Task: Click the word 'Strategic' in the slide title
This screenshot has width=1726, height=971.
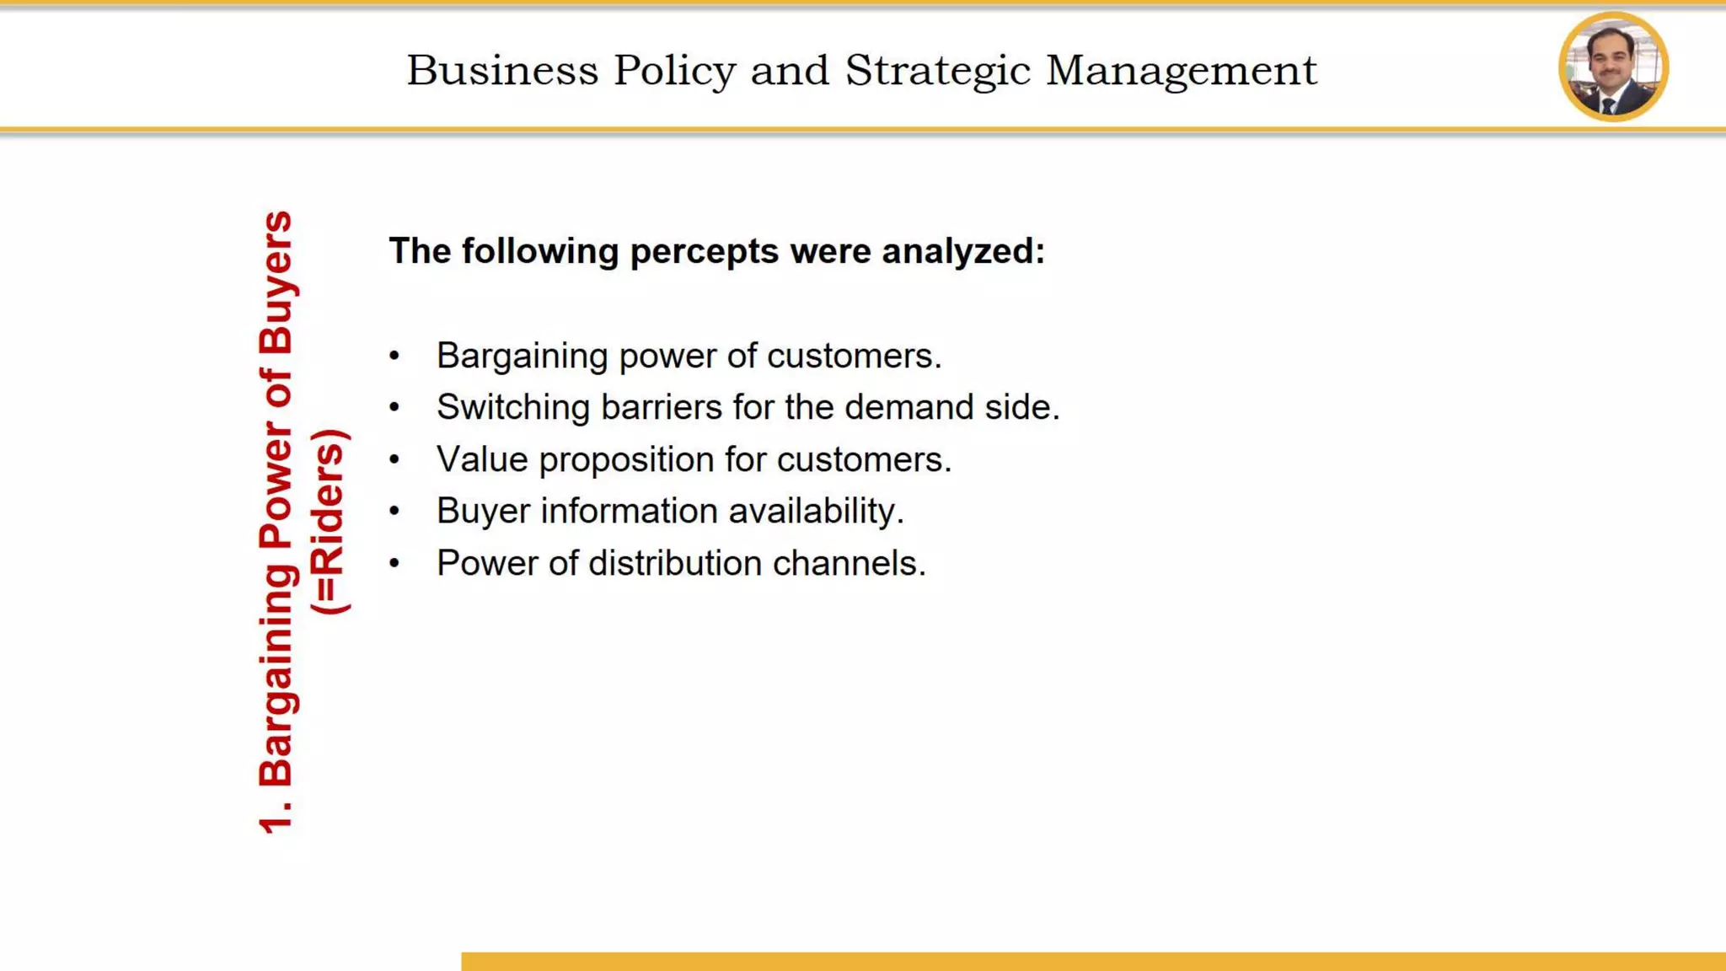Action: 937,70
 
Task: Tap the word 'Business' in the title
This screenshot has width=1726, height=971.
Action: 502,70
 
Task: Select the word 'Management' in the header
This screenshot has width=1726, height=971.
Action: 1181,70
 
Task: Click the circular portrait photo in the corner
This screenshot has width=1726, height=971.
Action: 1613,67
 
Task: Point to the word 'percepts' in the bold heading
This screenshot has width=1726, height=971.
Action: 704,251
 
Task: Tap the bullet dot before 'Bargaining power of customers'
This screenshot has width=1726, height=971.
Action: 394,357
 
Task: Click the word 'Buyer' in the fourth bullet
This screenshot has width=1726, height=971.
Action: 483,512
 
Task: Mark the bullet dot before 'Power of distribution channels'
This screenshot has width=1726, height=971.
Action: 394,564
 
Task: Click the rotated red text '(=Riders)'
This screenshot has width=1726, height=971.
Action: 329,522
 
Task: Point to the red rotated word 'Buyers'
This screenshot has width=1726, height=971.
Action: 276,282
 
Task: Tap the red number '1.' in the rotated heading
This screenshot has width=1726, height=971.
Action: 276,814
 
